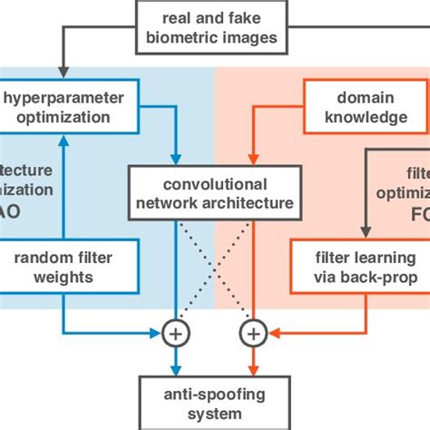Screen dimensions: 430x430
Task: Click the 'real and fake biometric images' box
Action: coord(215,28)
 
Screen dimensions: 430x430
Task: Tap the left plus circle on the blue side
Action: coord(173,335)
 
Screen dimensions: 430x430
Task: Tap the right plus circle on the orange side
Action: coord(254,335)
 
